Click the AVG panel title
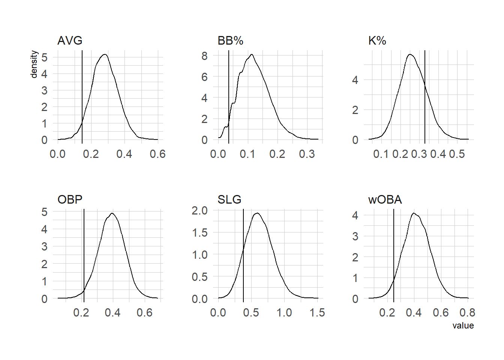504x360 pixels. [x=70, y=40]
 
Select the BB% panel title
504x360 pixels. [x=230, y=40]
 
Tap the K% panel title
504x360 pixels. [x=377, y=40]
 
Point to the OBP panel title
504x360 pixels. [x=70, y=199]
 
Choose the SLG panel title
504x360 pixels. [x=229, y=199]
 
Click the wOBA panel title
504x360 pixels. [x=385, y=199]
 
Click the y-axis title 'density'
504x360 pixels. [x=34, y=64]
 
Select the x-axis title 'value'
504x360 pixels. [x=463, y=325]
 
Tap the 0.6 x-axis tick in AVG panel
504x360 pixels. [x=157, y=154]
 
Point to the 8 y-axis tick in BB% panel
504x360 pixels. [x=204, y=56]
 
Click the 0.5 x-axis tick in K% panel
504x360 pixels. [x=457, y=154]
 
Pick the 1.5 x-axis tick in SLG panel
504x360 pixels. [x=317, y=313]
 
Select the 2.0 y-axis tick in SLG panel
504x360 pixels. [x=199, y=210]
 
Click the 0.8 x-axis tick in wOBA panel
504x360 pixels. [x=467, y=313]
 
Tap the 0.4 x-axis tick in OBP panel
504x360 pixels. [x=113, y=313]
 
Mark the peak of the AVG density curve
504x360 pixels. [x=105, y=55]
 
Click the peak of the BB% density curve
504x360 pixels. [x=252, y=54]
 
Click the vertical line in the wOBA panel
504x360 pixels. [x=394, y=255]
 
